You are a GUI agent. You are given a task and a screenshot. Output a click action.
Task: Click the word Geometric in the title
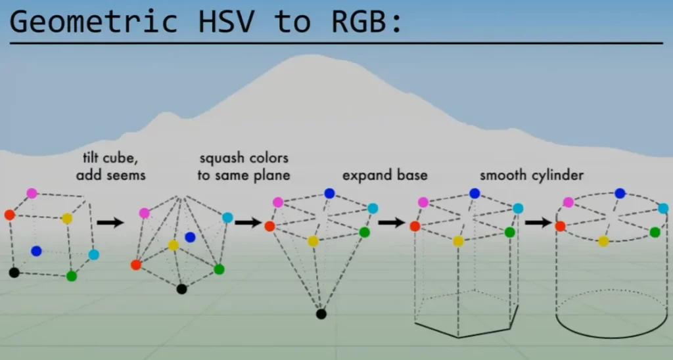[93, 22]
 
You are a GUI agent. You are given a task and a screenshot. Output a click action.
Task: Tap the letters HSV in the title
[226, 22]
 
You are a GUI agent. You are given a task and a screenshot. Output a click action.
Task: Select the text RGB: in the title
[367, 22]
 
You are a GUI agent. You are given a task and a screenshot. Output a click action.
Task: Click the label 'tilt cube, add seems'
[110, 167]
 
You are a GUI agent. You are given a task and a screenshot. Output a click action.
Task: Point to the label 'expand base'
[384, 175]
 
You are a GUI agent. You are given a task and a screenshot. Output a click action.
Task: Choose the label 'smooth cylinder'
[532, 175]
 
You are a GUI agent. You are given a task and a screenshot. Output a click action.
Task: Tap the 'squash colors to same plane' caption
[243, 167]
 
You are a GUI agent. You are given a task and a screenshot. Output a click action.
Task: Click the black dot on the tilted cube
[14, 273]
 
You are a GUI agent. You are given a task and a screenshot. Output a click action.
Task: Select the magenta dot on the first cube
[32, 193]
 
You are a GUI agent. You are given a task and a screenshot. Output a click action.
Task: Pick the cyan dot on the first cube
[93, 254]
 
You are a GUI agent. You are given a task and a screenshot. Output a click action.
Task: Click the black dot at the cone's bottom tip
[321, 314]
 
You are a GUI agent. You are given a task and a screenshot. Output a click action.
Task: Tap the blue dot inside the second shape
[190, 237]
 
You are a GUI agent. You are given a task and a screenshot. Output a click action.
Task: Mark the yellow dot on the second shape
[174, 245]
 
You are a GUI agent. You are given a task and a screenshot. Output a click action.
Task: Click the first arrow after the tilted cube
[110, 222]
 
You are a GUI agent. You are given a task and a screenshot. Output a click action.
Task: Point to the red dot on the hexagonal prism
[415, 226]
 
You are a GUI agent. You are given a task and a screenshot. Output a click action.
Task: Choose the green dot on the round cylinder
[655, 232]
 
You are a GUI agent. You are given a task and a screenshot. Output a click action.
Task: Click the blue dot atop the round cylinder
[620, 193]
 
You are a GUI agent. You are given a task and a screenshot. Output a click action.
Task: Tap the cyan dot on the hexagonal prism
[518, 208]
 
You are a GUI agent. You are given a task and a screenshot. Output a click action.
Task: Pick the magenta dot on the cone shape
[278, 202]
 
